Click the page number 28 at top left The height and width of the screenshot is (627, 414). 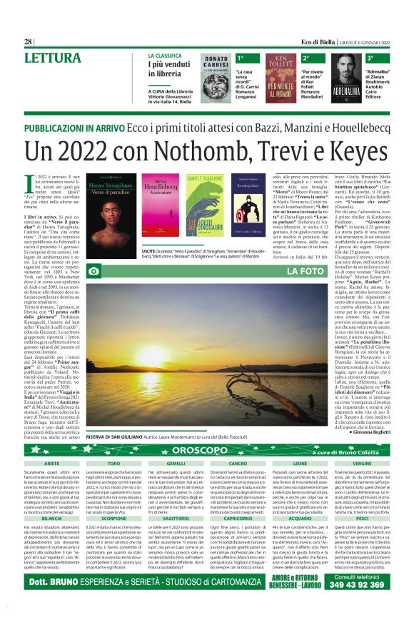click(x=29, y=42)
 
